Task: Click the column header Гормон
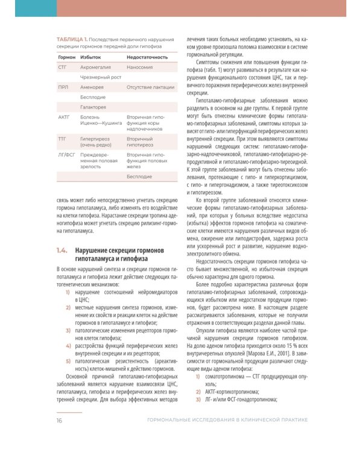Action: coord(67,57)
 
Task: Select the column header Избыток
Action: coord(91,57)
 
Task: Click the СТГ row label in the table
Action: coord(62,67)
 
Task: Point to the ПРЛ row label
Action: coord(63,87)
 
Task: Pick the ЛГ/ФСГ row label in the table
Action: coord(67,155)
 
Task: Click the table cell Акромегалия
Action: coord(96,67)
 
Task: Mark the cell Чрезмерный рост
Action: coord(101,77)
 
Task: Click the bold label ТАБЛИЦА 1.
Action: coord(72,39)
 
